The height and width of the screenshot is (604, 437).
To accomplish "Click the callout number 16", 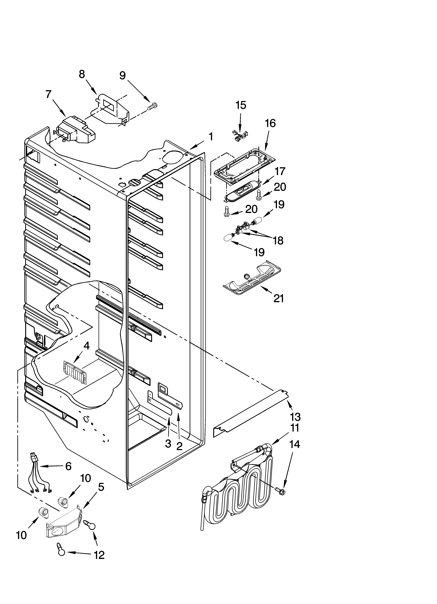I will coord(270,123).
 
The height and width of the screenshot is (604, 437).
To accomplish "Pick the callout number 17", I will coord(280,171).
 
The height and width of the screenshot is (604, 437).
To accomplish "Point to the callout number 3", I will coord(168,443).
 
